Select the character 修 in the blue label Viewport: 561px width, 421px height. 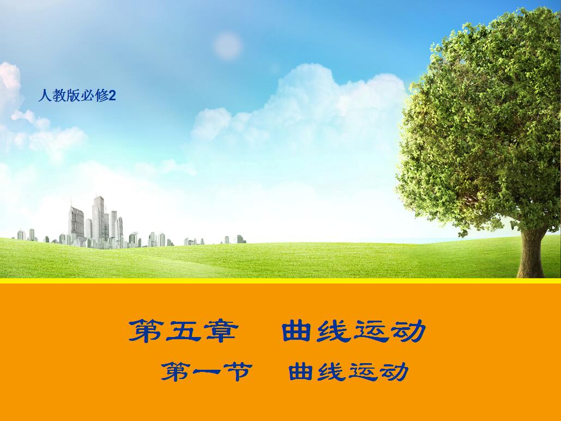pyautogui.click(x=101, y=96)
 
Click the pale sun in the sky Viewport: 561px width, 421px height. pyautogui.click(x=227, y=45)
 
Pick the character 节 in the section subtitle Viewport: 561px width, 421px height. pyautogui.click(x=238, y=371)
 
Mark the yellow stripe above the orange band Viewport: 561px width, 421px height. pyautogui.click(x=280, y=281)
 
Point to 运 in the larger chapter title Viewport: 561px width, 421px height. pyautogui.click(x=371, y=330)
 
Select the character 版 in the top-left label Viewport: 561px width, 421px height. pyautogui.click(x=74, y=96)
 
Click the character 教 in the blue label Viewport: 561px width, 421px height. pyautogui.click(x=59, y=96)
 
